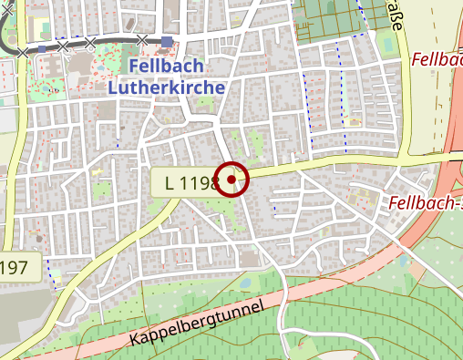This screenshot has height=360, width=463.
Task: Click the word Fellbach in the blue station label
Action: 166,68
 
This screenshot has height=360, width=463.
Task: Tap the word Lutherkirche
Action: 166,88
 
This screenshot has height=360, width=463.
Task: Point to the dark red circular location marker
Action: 232,180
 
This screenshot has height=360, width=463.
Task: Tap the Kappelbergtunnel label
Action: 196,324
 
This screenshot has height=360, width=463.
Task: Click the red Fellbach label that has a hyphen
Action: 425,201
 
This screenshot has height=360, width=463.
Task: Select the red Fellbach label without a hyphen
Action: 437,60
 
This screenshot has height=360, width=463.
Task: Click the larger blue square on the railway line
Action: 167,41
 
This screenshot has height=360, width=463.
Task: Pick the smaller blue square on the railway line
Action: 43,48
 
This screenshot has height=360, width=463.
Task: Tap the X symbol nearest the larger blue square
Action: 141,39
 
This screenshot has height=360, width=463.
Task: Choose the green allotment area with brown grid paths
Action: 333,20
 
